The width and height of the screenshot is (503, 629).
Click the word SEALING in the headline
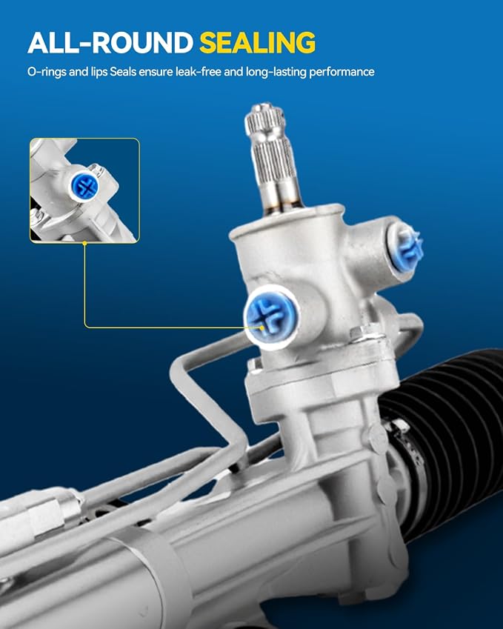[x=257, y=42]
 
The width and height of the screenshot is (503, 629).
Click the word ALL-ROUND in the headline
[x=110, y=42]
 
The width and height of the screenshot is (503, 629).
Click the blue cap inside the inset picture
[x=84, y=186]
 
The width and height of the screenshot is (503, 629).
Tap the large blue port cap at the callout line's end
[x=271, y=316]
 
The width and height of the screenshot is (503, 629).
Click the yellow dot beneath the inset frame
[x=84, y=243]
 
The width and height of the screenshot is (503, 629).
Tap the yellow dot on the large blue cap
[x=262, y=327]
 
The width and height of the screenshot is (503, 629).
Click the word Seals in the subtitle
[x=123, y=72]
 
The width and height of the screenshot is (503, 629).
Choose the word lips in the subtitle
[x=99, y=72]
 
